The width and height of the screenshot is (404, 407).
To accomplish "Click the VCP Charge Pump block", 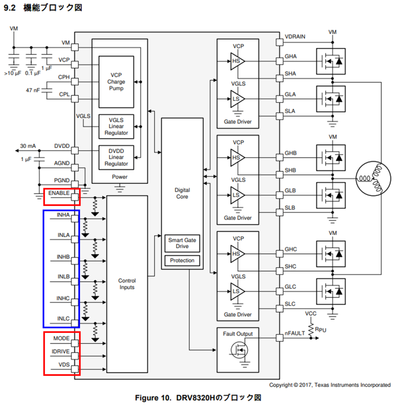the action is [x=116, y=82].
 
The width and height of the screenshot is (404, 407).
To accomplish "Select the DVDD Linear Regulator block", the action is [x=116, y=157].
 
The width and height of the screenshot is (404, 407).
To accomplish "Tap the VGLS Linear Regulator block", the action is [x=116, y=127].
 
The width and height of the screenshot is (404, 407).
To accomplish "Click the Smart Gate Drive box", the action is [x=182, y=243].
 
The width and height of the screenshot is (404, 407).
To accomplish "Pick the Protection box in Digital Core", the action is [x=182, y=260].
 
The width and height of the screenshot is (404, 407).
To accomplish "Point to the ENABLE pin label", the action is [x=59, y=193].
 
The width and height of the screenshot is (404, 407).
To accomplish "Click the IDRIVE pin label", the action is [x=61, y=351].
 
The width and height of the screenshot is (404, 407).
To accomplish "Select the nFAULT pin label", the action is [x=294, y=333].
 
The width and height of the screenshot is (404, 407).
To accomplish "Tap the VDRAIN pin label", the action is [x=295, y=37].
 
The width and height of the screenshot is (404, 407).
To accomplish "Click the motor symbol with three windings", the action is [x=373, y=178].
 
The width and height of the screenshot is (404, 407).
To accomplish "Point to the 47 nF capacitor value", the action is [x=33, y=90].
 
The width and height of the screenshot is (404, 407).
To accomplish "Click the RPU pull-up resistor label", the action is [x=321, y=330].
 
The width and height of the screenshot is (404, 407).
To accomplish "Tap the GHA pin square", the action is [x=280, y=61].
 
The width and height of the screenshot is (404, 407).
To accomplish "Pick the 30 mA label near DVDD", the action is [x=28, y=146].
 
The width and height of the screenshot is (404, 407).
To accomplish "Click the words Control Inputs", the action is [x=127, y=284].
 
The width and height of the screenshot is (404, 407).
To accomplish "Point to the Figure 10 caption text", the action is [x=198, y=398].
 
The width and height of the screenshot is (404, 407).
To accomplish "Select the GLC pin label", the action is [x=290, y=287].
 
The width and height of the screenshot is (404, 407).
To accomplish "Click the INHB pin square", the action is [x=75, y=261].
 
